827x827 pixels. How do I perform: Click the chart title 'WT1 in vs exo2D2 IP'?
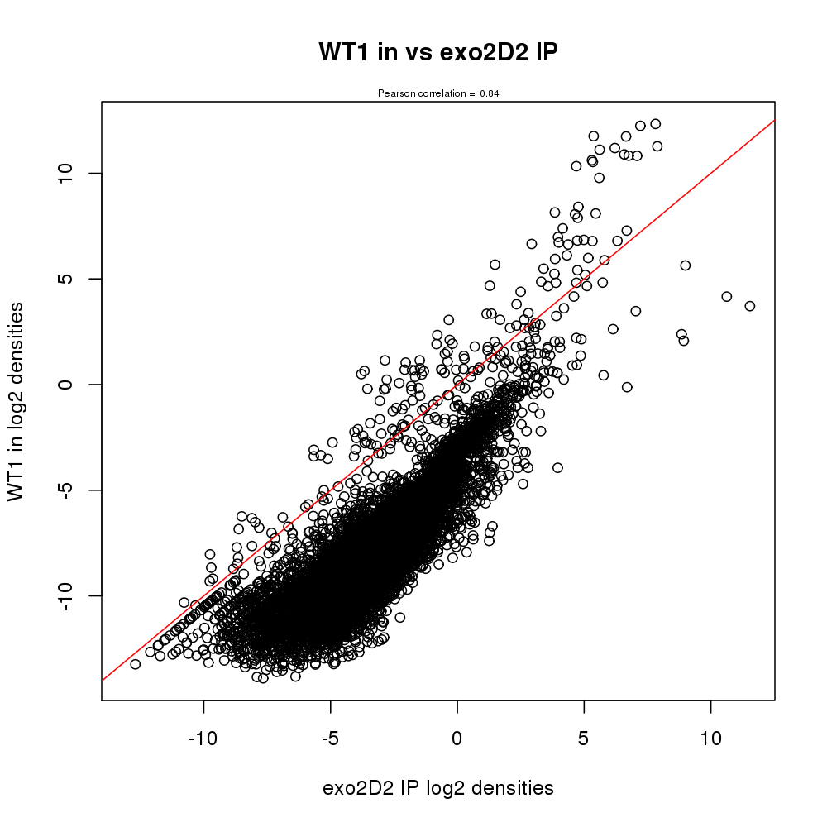pos(438,52)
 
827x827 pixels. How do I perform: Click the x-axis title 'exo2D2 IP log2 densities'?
pos(438,788)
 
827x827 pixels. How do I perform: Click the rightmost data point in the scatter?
pos(750,306)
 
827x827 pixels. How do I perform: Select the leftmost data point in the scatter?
pos(136,664)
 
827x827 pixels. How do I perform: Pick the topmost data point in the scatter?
pos(656,124)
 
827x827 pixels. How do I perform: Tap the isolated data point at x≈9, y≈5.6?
pos(686,265)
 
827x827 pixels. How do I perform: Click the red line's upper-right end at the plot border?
pos(774,121)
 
